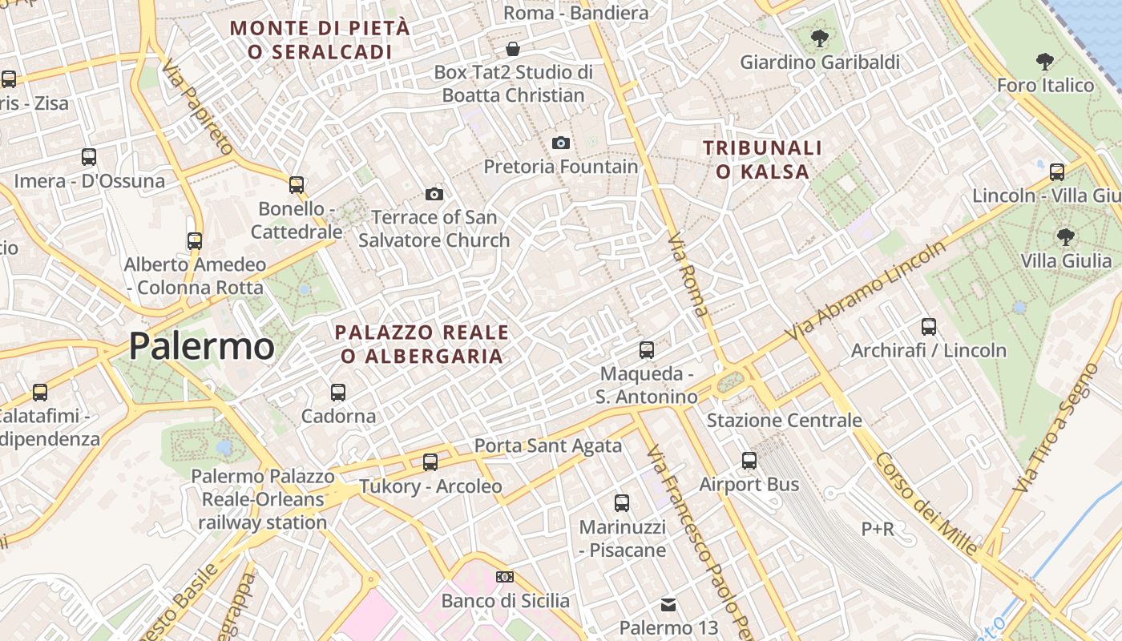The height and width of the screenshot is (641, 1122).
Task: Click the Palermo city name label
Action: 202,346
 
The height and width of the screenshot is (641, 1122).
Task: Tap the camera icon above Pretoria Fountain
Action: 561,143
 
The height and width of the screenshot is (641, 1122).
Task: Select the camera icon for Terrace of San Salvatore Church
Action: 434,194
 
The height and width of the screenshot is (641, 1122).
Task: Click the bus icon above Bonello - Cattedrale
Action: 297,185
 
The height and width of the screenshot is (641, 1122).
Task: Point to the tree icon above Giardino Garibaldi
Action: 819,38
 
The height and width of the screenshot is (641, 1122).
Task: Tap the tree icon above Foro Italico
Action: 1044,61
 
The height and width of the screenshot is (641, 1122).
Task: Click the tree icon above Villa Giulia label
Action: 1065,236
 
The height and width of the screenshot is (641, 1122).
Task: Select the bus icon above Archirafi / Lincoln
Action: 929,327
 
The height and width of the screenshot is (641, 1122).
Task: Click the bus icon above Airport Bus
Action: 749,461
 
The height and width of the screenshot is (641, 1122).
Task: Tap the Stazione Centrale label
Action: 784,421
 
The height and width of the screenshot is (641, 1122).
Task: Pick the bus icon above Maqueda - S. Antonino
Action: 647,350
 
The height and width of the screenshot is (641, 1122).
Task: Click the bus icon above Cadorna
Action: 338,393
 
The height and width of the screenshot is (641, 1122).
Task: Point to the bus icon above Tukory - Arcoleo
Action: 430,462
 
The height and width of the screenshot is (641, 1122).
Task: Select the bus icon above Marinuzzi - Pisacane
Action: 622,503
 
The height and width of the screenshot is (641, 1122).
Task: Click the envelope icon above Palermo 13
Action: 668,604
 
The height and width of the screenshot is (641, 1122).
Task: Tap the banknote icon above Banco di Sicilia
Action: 505,577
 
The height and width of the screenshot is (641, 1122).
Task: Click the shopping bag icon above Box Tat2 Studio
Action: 513,49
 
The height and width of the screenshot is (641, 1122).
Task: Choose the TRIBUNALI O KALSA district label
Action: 762,159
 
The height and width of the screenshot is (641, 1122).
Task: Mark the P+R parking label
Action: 878,529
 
